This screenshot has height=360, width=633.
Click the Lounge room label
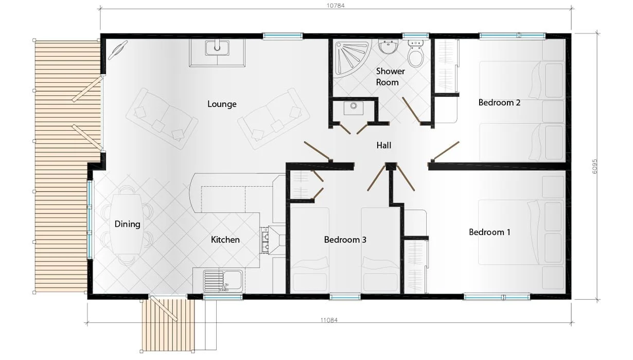click(222, 104)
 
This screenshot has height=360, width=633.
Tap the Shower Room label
click(390, 77)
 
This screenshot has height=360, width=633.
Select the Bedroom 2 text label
click(499, 102)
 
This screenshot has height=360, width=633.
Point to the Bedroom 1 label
click(489, 232)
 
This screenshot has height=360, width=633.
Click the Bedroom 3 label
click(345, 240)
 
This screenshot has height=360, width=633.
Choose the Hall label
click(383, 146)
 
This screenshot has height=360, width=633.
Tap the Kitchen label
click(225, 240)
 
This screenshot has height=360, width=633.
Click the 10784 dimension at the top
click(335, 6)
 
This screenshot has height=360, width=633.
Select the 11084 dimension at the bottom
click(328, 320)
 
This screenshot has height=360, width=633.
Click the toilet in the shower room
click(415, 52)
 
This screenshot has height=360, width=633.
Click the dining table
click(127, 224)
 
